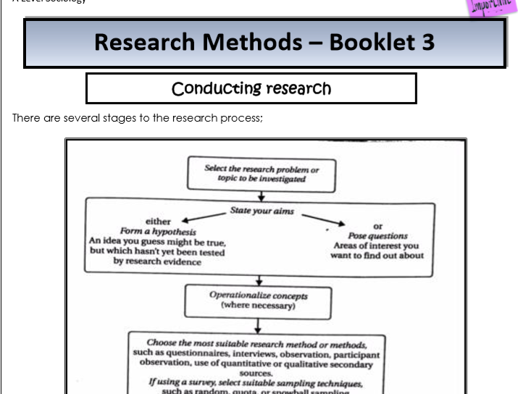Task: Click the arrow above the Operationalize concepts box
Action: tap(260, 279)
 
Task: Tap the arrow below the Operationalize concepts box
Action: tap(260, 326)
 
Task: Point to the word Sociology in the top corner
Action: tap(50, 2)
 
